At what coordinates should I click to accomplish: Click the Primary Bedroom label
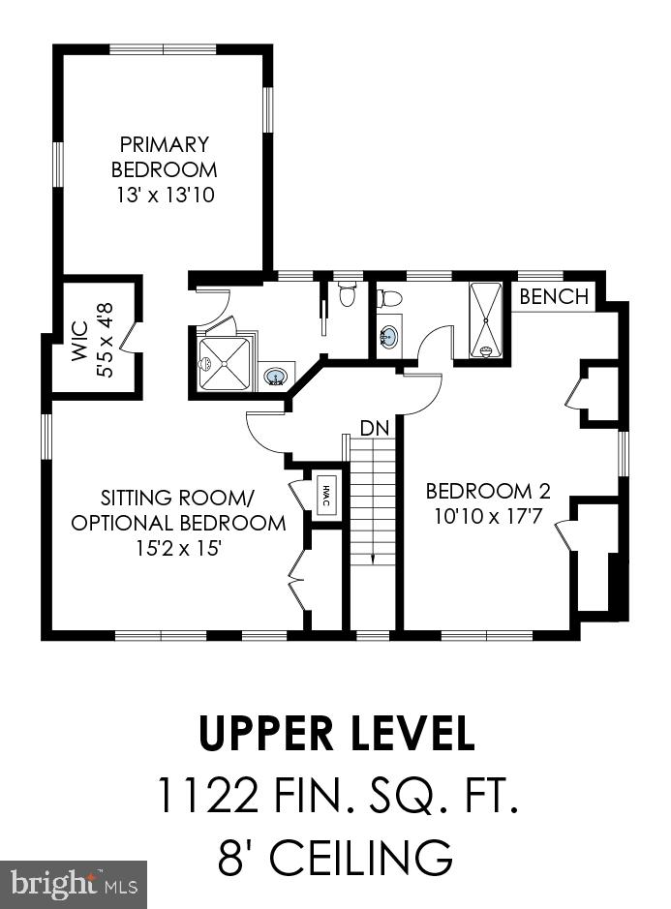pyautogui.click(x=165, y=157)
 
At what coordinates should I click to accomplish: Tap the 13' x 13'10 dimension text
pyautogui.click(x=166, y=195)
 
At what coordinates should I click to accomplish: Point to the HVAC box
pyautogui.click(x=326, y=495)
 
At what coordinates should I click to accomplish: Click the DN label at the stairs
pyautogui.click(x=375, y=429)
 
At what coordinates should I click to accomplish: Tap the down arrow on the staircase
pyautogui.click(x=373, y=557)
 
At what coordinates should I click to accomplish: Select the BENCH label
pyautogui.click(x=555, y=296)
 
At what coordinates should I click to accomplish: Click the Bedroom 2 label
pyautogui.click(x=488, y=491)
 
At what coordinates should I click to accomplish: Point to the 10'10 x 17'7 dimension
pyautogui.click(x=488, y=515)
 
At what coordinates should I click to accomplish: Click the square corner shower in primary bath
pyautogui.click(x=225, y=364)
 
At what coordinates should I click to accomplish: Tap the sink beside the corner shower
pyautogui.click(x=275, y=377)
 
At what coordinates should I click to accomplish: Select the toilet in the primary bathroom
pyautogui.click(x=347, y=293)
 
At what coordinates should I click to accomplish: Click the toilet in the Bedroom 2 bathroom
pyautogui.click(x=390, y=298)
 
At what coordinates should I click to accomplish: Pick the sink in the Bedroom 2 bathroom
pyautogui.click(x=388, y=336)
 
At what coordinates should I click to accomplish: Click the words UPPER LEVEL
pyautogui.click(x=337, y=733)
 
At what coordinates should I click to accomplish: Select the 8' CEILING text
pyautogui.click(x=335, y=857)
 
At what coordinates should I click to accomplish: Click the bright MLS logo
pyautogui.click(x=73, y=885)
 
